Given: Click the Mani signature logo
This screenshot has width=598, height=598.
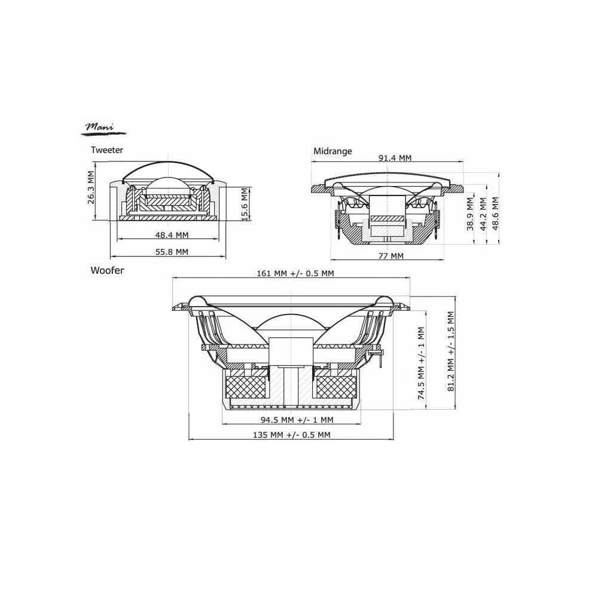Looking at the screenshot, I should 100,127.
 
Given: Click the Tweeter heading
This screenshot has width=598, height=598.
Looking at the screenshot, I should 106,150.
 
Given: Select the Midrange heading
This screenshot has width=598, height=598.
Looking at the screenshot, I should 332,151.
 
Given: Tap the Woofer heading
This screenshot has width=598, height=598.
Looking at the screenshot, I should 107,270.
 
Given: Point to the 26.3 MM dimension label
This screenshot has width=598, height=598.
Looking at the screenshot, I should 91,188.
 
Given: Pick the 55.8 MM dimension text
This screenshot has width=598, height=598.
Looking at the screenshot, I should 172,252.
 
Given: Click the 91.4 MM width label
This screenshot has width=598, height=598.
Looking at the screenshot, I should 395,158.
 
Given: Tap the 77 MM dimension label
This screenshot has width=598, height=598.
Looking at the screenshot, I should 391,256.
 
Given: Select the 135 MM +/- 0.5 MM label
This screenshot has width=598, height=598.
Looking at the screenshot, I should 291,435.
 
